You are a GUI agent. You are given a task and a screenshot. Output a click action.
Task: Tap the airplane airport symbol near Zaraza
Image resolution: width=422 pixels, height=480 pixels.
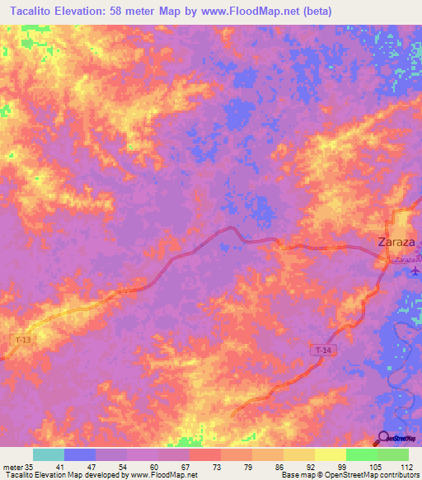pyautogui.click(x=414, y=271)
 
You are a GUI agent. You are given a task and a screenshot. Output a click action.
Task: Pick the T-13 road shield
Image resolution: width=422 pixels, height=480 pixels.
pyautogui.click(x=24, y=339)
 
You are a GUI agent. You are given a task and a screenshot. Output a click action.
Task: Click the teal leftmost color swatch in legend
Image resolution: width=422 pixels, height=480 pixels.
pyautogui.click(x=49, y=454)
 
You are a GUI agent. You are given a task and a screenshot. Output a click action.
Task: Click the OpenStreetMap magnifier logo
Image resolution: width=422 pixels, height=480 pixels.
pyautogui.click(x=384, y=437)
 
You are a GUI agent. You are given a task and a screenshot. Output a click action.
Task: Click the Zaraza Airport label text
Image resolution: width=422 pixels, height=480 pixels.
pyautogui.click(x=407, y=261)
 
